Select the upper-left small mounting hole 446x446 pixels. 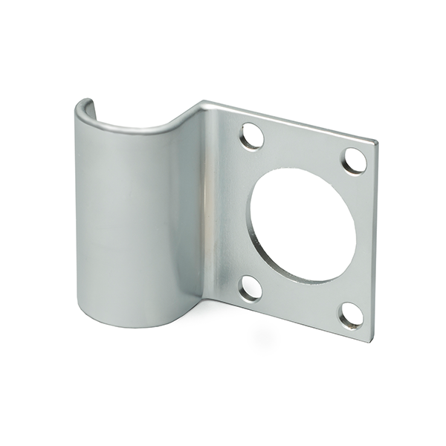(252, 136)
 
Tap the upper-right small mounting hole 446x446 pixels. (355, 161)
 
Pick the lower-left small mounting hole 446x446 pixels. (251, 288)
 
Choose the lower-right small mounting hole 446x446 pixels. (351, 315)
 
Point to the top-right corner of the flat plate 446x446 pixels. (375, 142)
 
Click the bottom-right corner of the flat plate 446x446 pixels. (369, 340)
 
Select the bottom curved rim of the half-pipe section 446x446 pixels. (134, 324)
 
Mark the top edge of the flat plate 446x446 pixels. (290, 120)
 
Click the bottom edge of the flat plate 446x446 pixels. (290, 320)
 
